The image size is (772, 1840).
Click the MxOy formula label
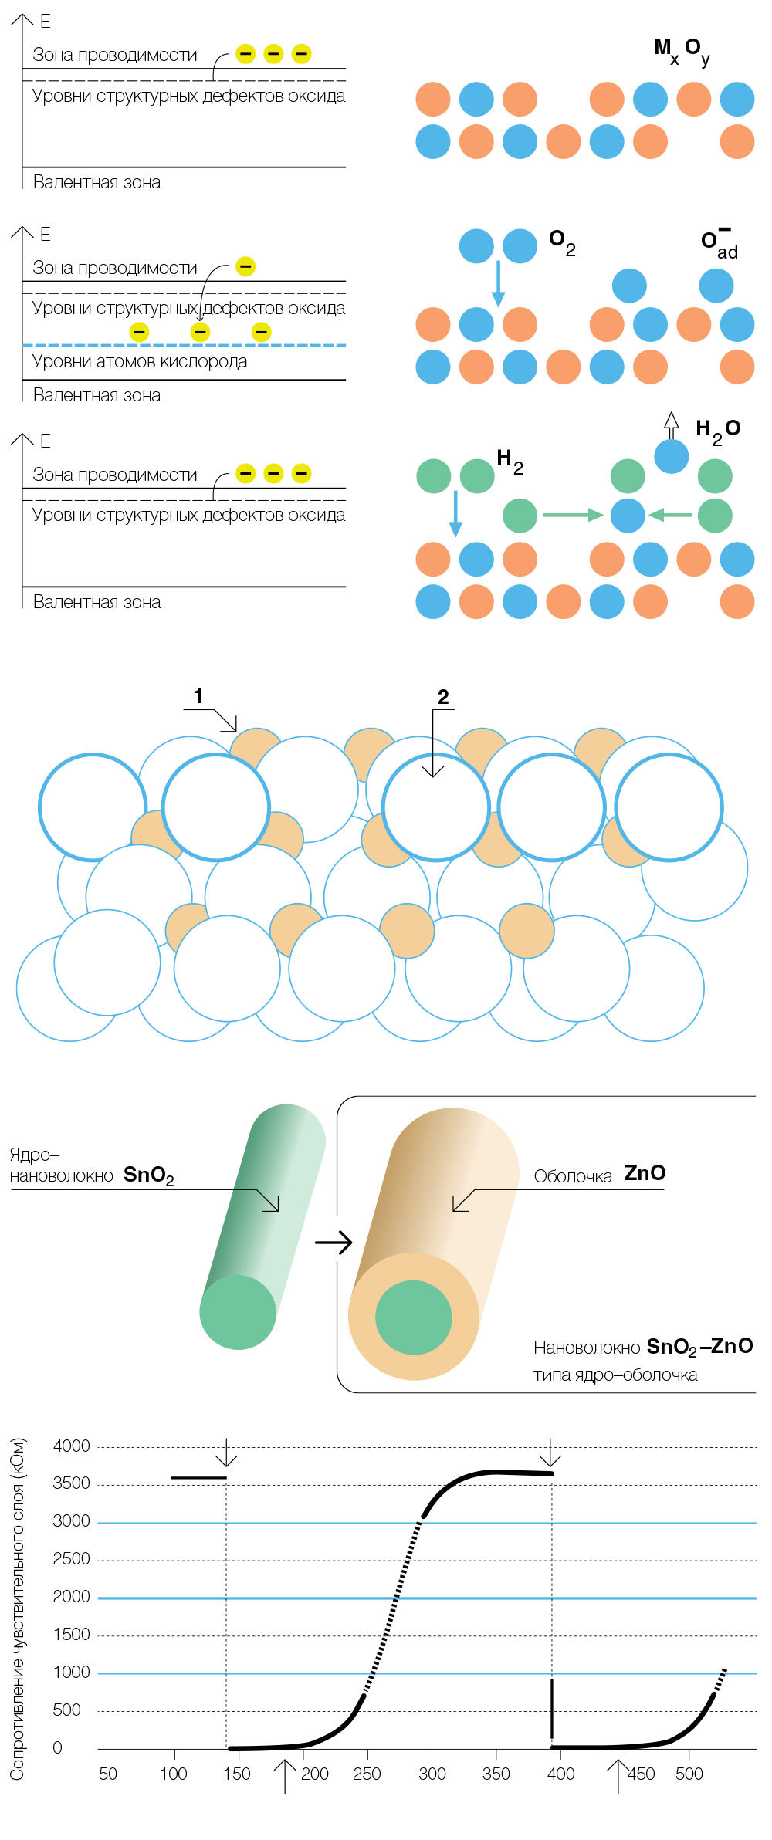[x=682, y=52]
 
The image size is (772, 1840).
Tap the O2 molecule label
[x=562, y=242]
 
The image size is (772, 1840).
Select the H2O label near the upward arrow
[x=718, y=432]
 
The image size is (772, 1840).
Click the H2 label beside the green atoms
[x=510, y=462]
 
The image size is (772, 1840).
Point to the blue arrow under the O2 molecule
[x=498, y=283]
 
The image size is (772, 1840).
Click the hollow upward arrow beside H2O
[x=672, y=425]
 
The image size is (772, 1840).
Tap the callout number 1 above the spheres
[x=198, y=696]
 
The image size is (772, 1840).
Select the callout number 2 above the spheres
[x=443, y=697]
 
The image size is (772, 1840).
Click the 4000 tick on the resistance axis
[x=71, y=1446]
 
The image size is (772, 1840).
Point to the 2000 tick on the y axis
[x=71, y=1596]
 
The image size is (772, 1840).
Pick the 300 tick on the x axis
[x=432, y=1774]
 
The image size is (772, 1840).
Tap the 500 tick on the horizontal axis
[x=689, y=1774]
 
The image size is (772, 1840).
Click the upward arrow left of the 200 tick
[x=285, y=1777]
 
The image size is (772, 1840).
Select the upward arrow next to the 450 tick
[x=618, y=1777]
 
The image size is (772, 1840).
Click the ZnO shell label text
[x=645, y=1173]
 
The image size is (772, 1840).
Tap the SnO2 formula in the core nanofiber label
[x=149, y=1175]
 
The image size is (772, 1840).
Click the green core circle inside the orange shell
[x=414, y=1317]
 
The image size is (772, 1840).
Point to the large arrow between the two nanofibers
[x=334, y=1242]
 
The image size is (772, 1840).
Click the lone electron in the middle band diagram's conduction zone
[x=245, y=267]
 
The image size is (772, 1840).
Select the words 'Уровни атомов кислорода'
[x=140, y=361]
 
